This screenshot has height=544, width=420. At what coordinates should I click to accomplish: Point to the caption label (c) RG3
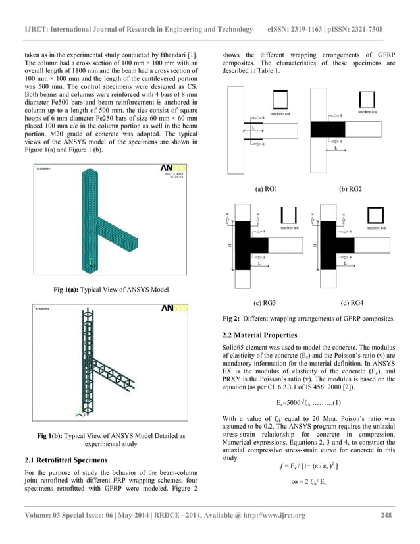[x=265, y=303]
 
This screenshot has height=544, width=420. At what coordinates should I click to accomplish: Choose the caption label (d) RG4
[x=351, y=303]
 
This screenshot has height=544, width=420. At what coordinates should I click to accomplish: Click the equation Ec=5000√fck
[x=307, y=402]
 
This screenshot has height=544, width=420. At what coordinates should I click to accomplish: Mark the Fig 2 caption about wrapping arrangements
[x=308, y=319]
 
